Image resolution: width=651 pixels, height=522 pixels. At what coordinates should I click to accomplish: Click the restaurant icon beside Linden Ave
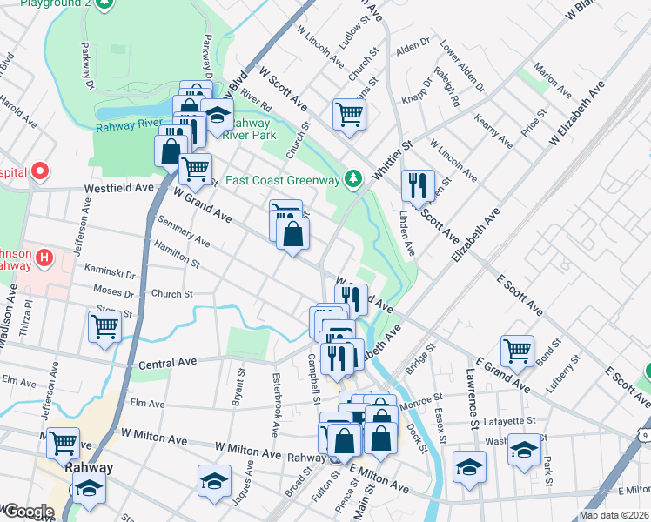click(418, 184)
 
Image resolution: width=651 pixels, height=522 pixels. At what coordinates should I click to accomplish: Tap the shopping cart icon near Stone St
click(104, 326)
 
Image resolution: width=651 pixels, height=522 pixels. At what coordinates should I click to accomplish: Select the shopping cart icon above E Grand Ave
click(517, 351)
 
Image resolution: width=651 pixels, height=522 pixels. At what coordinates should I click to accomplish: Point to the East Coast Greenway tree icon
click(352, 180)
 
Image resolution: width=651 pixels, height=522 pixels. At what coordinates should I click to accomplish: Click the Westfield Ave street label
click(118, 187)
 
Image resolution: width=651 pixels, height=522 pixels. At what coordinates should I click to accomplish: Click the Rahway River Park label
click(249, 130)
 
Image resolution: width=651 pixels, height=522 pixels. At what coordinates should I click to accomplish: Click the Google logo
click(29, 512)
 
